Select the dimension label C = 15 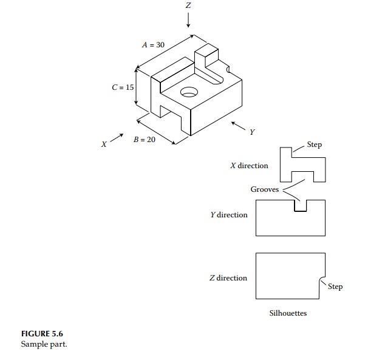pyautogui.click(x=123, y=87)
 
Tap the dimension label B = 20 pyautogui.click(x=145, y=139)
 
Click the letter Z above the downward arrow pyautogui.click(x=189, y=5)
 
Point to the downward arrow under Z pyautogui.click(x=189, y=20)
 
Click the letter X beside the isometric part pyautogui.click(x=104, y=144)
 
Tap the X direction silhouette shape pyautogui.click(x=302, y=165)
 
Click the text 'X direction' pyautogui.click(x=249, y=165)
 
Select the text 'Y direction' pyautogui.click(x=229, y=215)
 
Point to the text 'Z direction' pyautogui.click(x=228, y=278)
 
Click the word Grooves pyautogui.click(x=265, y=189)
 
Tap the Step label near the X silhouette pyautogui.click(x=315, y=144)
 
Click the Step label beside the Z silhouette pyautogui.click(x=335, y=287)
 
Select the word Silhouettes pyautogui.click(x=288, y=313)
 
